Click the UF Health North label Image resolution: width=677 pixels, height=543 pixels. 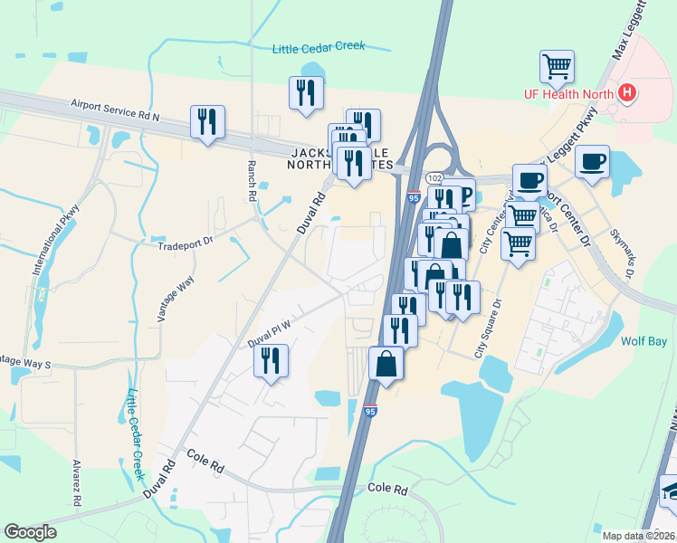point(568,93)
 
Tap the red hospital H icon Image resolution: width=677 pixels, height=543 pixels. point(626,92)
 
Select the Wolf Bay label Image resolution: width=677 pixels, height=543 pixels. point(644,341)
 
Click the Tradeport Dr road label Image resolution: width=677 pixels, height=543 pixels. point(184,244)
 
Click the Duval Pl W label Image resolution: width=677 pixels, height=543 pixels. point(269,332)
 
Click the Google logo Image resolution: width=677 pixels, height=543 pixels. point(30,532)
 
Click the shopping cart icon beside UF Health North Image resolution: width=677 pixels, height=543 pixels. point(557,65)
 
